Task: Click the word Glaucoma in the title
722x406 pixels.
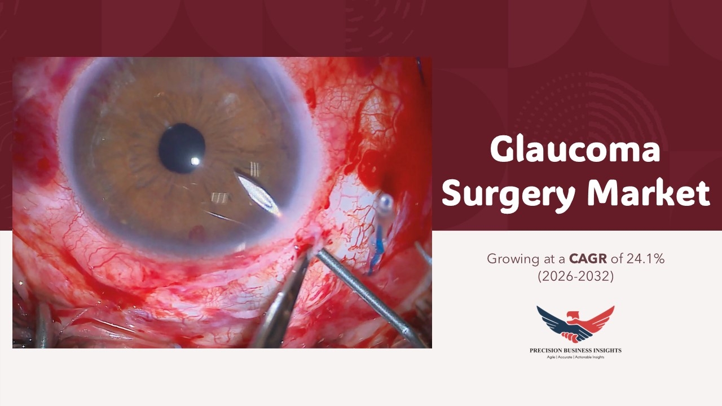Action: [575, 150]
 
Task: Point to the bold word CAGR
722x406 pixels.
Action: [588, 258]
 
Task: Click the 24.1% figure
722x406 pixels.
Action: [646, 258]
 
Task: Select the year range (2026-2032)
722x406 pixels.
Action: [576, 276]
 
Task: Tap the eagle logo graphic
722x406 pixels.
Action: [575, 324]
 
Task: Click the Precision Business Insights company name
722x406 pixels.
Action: [576, 350]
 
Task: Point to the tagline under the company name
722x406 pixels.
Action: [576, 358]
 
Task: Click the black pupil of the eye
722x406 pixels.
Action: [182, 148]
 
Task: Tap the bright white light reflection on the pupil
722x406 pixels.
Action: [195, 161]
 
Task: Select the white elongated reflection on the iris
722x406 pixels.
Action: [258, 193]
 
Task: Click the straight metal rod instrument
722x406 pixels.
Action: [371, 298]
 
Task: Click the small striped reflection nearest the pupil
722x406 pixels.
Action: [254, 169]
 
